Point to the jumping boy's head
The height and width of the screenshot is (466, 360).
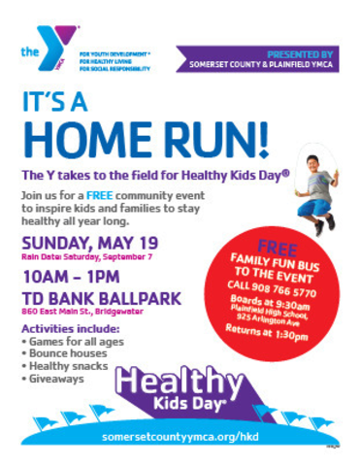pos(317,164)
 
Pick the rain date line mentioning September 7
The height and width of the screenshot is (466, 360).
pos(84,258)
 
